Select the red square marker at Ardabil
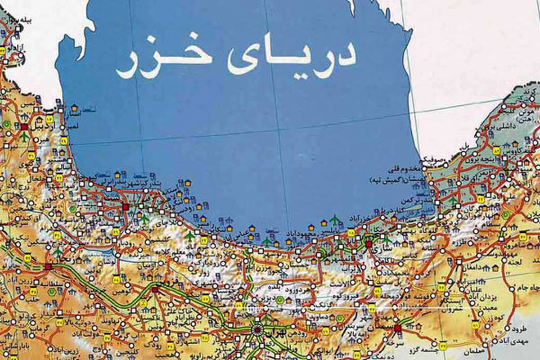[24, 127]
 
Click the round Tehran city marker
[257, 330]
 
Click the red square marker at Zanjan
[48, 266]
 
